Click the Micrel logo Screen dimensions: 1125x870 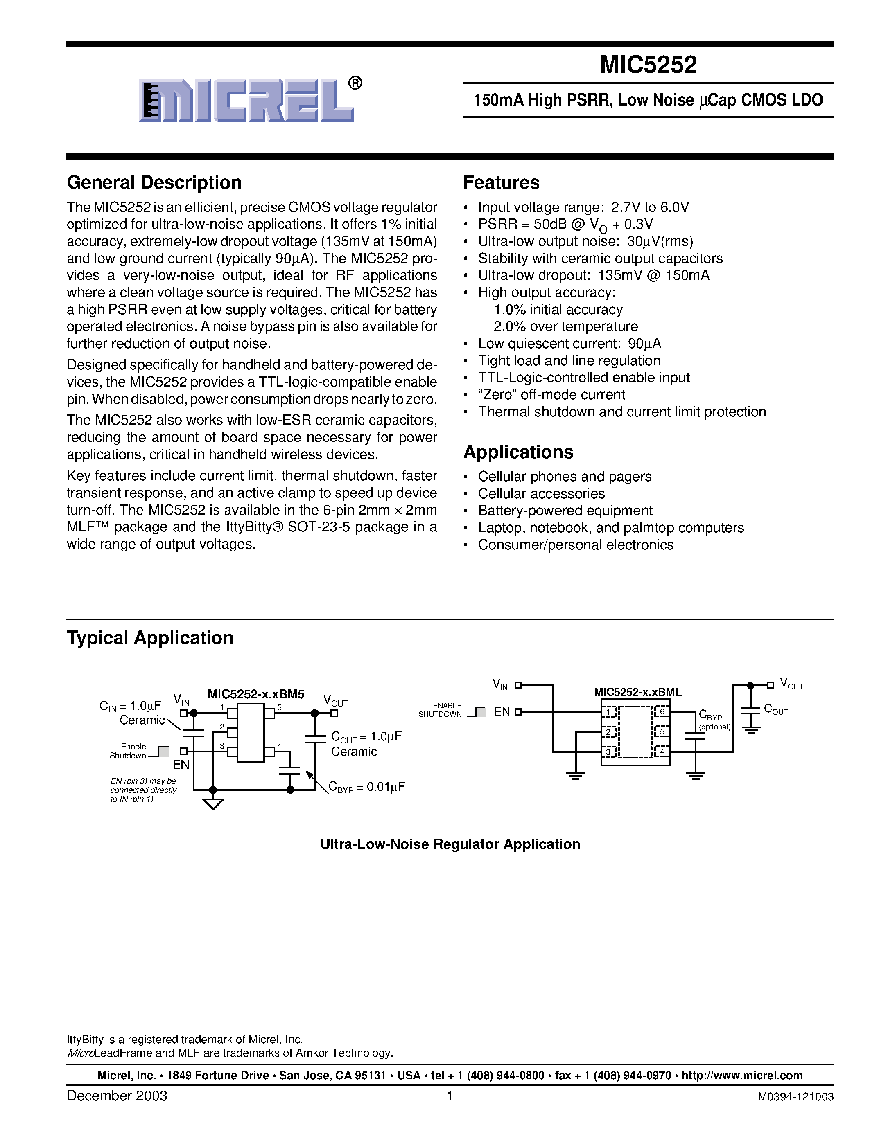[246, 101]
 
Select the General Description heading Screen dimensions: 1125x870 [154, 183]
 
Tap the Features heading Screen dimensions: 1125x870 [501, 183]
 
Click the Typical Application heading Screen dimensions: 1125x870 [150, 638]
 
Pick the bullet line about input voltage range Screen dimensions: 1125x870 [583, 207]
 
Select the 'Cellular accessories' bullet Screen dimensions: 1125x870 [541, 493]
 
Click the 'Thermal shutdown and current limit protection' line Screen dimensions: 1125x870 [621, 412]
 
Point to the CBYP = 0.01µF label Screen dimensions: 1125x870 [367, 787]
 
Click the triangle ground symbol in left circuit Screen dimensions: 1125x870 [213, 804]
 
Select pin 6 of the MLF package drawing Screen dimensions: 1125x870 [661, 712]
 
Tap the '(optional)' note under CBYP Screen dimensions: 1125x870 [714, 727]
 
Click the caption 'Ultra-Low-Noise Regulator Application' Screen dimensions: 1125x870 [450, 844]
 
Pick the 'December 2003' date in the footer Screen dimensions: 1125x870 [117, 1096]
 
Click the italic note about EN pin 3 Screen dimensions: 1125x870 [143, 790]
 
